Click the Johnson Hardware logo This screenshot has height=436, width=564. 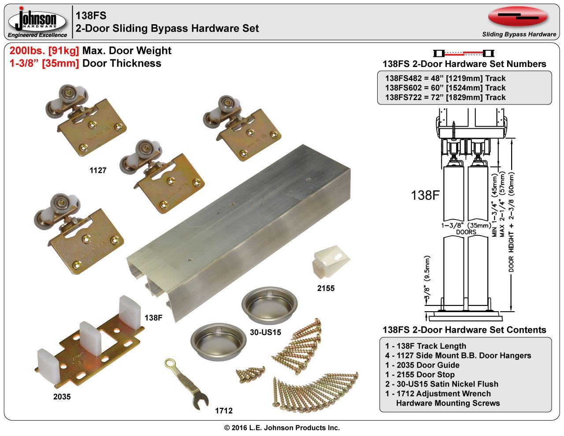click(x=37, y=21)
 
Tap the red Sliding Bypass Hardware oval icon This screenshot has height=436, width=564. click(x=518, y=17)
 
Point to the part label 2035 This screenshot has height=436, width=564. click(x=62, y=396)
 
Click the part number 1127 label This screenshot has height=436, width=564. click(x=98, y=170)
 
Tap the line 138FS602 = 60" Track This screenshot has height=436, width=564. click(x=445, y=88)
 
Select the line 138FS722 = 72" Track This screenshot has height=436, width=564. click(x=445, y=97)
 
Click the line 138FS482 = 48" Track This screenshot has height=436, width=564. click(x=445, y=78)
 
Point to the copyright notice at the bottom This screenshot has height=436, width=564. click(x=282, y=428)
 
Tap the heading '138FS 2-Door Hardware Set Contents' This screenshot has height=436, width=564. click(x=464, y=330)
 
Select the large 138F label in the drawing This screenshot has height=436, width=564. click(x=425, y=195)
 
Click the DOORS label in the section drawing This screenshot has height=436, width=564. click(x=466, y=232)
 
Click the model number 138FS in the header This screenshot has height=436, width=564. click(x=91, y=15)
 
